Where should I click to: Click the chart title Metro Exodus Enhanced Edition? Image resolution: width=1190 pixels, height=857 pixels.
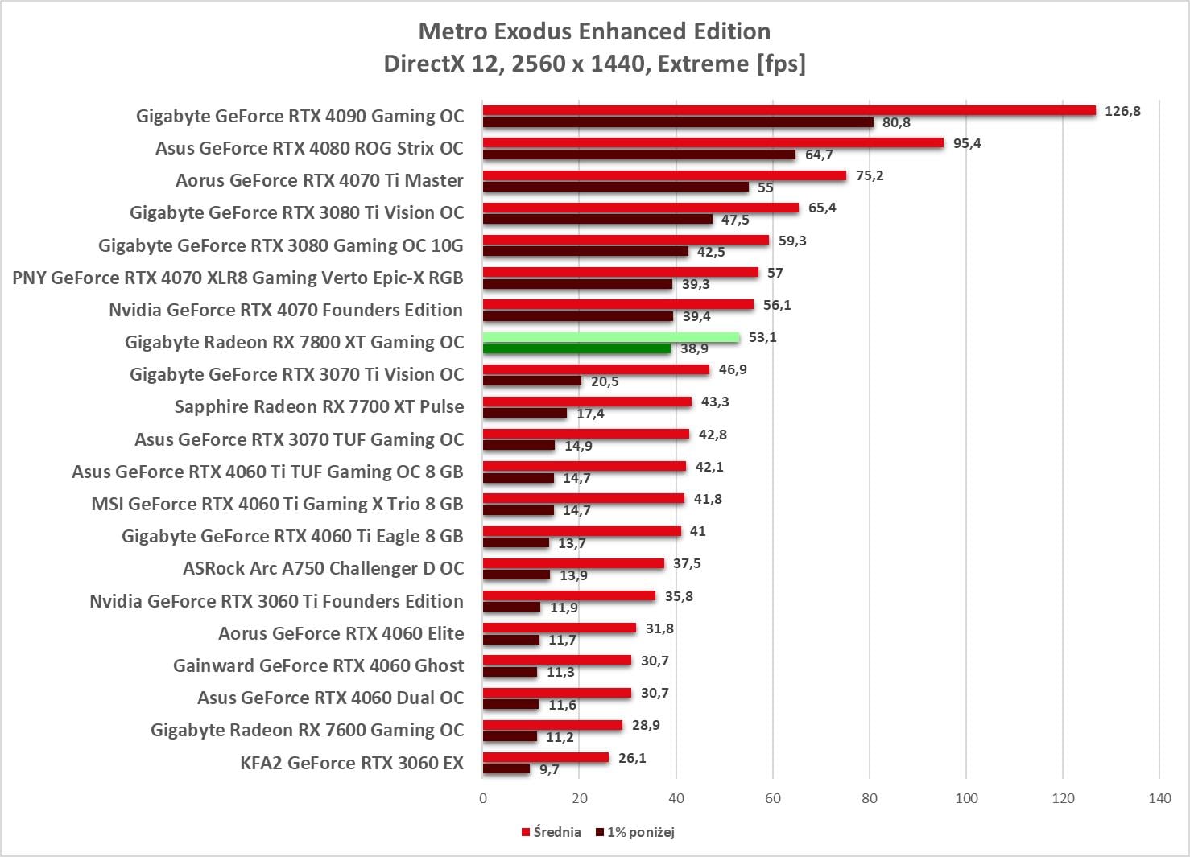(x=594, y=31)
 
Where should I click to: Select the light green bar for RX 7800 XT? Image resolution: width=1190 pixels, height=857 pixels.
(x=610, y=337)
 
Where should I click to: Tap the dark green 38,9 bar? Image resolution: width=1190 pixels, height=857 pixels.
(x=576, y=348)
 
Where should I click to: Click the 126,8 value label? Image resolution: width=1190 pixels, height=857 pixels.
(x=1122, y=111)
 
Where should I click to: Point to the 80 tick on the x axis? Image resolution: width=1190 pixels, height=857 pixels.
(x=870, y=798)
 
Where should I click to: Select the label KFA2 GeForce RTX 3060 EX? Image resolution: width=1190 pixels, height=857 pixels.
(x=352, y=763)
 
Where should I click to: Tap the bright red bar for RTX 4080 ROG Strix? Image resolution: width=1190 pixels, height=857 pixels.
(x=713, y=143)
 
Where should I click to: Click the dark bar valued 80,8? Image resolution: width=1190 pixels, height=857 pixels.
(x=678, y=122)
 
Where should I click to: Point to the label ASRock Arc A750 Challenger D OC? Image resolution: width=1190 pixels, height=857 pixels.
(x=323, y=568)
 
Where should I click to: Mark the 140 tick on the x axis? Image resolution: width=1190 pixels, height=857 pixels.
(x=1159, y=798)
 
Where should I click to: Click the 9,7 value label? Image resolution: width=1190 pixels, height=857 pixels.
(x=549, y=769)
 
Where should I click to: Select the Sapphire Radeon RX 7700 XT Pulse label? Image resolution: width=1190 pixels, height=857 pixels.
(x=319, y=406)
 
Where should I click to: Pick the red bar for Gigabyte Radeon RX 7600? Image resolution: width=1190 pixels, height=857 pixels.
(x=552, y=725)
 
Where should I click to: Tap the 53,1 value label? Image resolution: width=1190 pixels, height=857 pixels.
(x=762, y=337)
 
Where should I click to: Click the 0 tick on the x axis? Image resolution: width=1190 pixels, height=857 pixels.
(x=483, y=798)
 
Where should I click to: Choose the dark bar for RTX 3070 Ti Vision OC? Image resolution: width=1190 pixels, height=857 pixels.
(x=531, y=381)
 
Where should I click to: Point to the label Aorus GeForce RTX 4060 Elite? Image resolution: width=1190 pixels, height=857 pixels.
(x=341, y=633)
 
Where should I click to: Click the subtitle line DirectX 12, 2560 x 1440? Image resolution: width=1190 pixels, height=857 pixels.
(x=594, y=64)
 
